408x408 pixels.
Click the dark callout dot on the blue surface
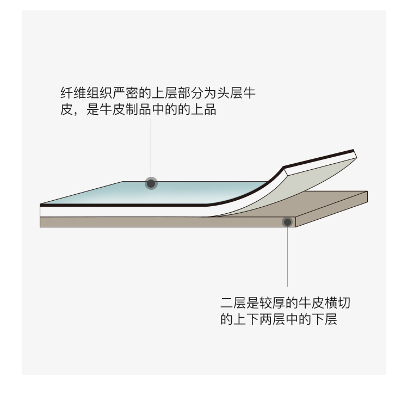click(151, 183)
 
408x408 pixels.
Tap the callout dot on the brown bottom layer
click(286, 221)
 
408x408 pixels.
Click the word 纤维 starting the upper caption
click(73, 94)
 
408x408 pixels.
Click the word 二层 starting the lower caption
click(234, 303)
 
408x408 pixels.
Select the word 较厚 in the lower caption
click(274, 303)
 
